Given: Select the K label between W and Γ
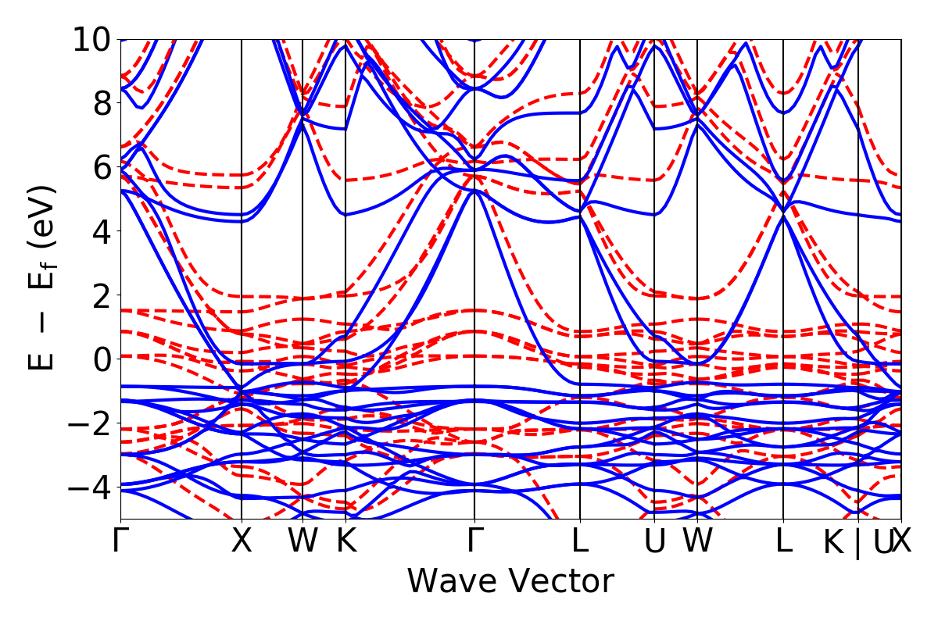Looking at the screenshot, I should [346, 541].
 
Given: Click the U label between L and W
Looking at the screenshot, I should [654, 541].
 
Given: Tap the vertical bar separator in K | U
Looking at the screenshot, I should [858, 541].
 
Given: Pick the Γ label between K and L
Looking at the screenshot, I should [474, 541].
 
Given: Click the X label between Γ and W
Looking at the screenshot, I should [242, 541].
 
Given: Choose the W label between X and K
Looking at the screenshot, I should [303, 541].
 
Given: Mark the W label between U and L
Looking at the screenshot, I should [697, 541].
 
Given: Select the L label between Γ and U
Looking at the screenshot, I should [580, 541].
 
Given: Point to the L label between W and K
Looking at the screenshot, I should [783, 541].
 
